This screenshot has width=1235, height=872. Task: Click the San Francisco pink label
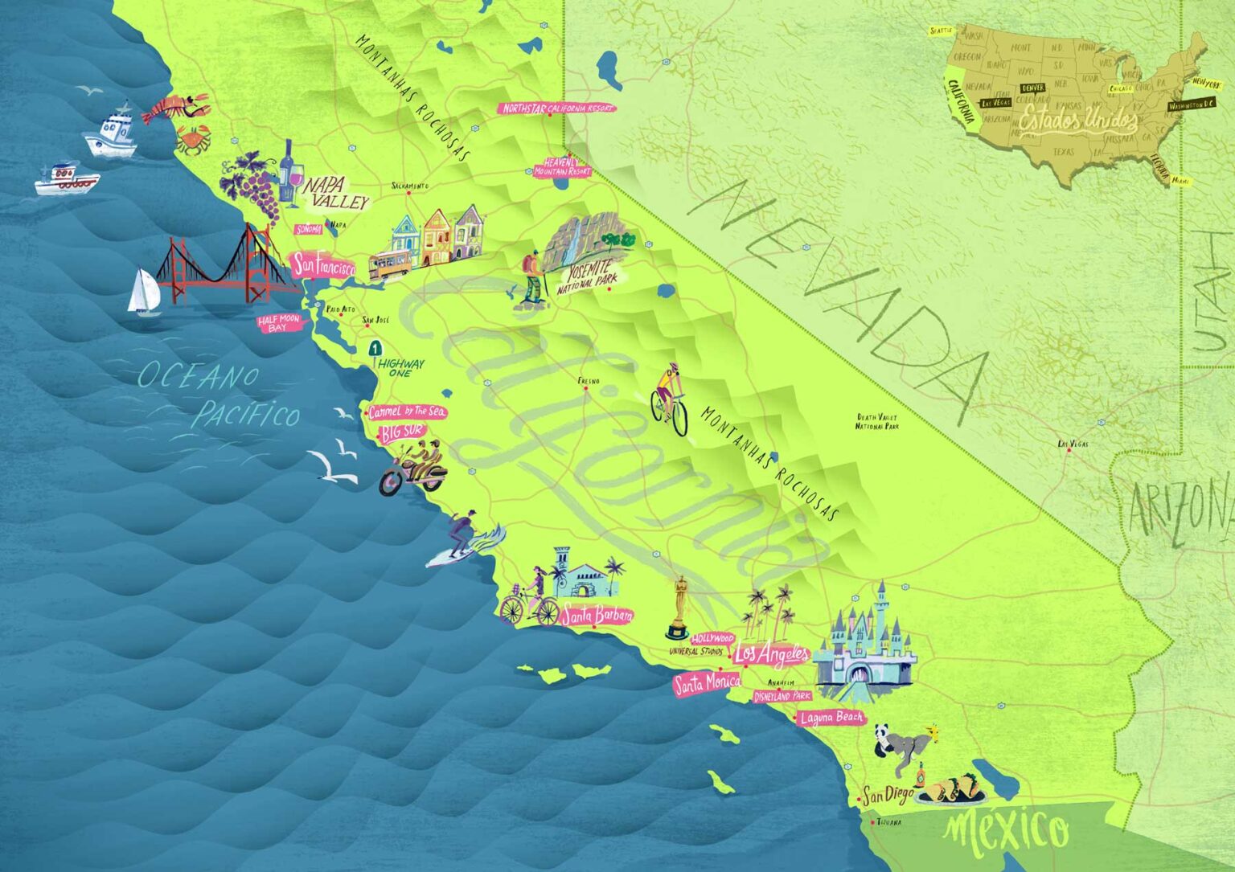tap(322, 265)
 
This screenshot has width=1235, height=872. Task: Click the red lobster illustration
tap(175, 108)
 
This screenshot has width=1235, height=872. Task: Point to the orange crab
tap(193, 140)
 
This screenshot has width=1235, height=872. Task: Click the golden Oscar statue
tap(680, 607)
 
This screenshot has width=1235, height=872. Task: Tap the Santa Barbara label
tap(597, 616)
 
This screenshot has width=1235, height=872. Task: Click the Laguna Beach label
tap(831, 718)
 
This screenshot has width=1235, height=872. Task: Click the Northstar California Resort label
tap(557, 108)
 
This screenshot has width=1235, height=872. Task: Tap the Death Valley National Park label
tap(876, 421)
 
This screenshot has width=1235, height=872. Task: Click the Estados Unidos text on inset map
tap(1078, 121)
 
